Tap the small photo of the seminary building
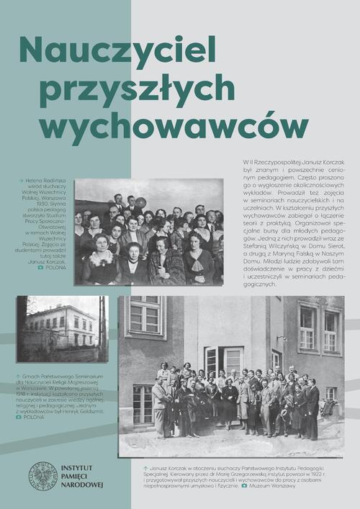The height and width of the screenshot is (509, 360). click(x=62, y=328)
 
